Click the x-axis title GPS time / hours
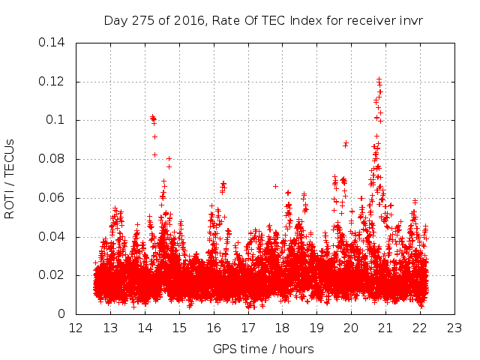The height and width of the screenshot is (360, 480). [263, 349]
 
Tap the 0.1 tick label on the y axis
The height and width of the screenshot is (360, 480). [58, 121]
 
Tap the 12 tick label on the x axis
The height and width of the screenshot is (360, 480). [76, 328]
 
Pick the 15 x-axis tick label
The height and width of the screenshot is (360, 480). [179, 328]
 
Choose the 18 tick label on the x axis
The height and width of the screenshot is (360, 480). [282, 328]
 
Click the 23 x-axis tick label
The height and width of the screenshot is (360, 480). [454, 328]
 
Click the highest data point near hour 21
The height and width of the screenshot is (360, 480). [379, 79]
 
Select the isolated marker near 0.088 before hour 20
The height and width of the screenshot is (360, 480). [346, 143]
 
